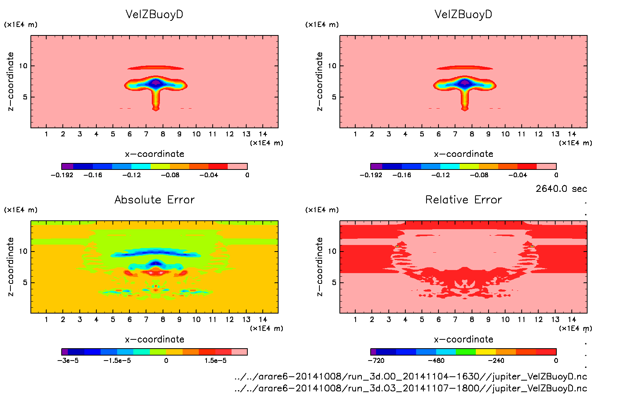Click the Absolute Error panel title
154,200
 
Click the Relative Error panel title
463,200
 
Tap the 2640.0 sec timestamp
561,189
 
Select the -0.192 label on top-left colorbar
62,175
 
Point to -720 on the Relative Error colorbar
376,361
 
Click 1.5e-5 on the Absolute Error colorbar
215,361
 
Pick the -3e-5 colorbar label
68,361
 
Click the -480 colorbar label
436,361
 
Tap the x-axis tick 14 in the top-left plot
263,134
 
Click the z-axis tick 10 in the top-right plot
332,66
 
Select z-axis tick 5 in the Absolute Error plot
25,282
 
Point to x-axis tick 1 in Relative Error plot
355,319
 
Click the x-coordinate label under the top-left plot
154,154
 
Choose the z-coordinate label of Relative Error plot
319,267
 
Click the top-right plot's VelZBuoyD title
463,14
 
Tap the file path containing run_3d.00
411,376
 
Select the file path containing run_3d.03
411,388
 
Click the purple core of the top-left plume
156,82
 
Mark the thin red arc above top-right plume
465,68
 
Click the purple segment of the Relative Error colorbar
373,352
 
